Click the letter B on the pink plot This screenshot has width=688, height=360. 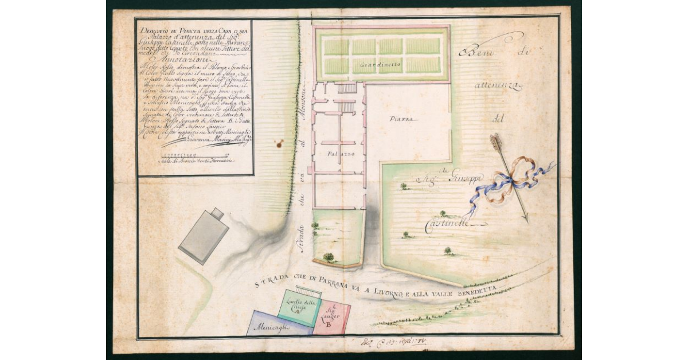pyautogui.click(x=329, y=324)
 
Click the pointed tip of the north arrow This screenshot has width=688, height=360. pyautogui.click(x=525, y=219)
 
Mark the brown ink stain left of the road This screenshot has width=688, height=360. pyautogui.click(x=279, y=143)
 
